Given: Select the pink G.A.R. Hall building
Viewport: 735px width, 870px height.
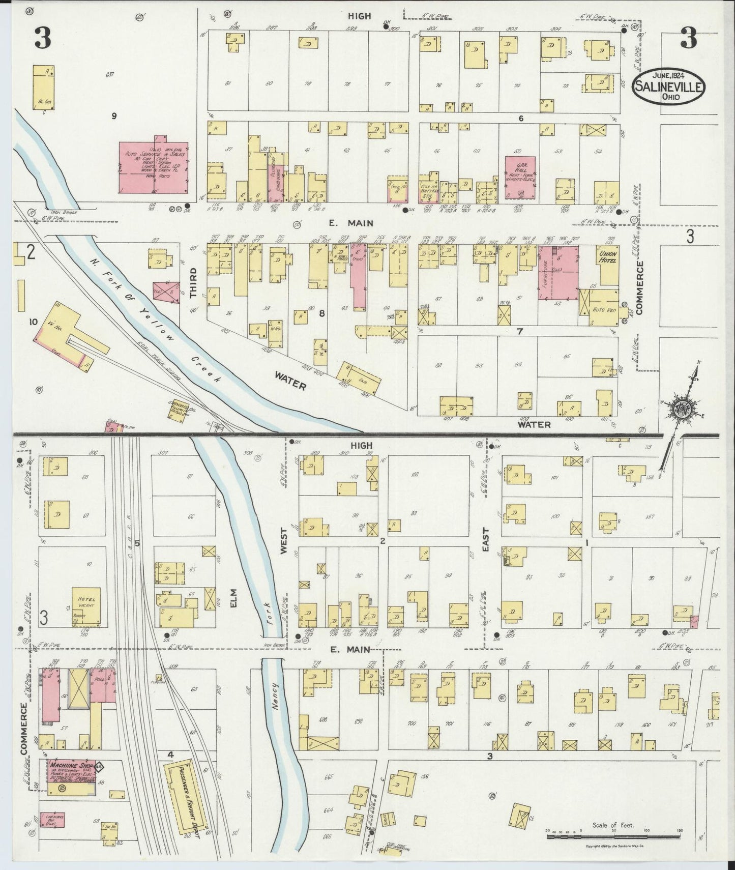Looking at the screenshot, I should click(x=520, y=178).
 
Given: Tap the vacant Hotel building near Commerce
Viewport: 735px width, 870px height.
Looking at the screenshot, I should click(x=86, y=607).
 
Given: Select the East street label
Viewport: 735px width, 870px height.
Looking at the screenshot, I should click(x=486, y=540).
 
